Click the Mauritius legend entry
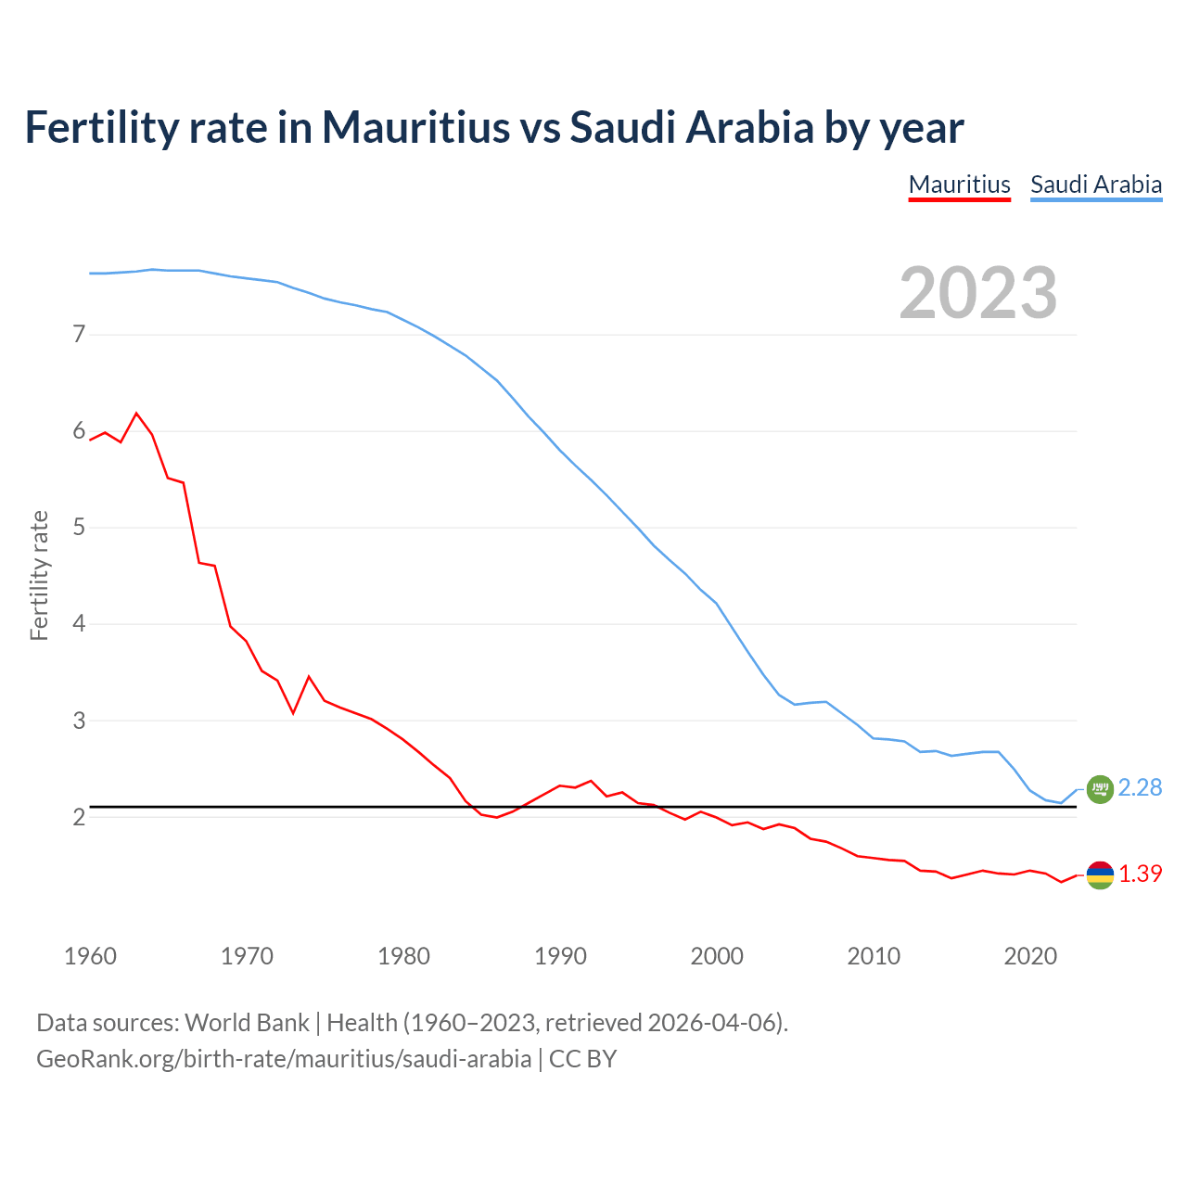click(959, 185)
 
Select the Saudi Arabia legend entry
click(1096, 185)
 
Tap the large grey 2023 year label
click(978, 293)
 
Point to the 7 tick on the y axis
click(79, 334)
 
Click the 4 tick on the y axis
click(79, 623)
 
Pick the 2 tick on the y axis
click(79, 817)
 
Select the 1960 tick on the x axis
click(90, 956)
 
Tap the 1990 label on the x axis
click(560, 956)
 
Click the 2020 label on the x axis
click(1030, 956)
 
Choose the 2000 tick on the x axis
click(717, 956)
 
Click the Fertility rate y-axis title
click(39, 575)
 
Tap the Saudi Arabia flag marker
click(1100, 788)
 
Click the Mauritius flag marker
click(1100, 874)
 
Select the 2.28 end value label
click(1140, 788)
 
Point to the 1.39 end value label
click(1140, 874)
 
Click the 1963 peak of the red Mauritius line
click(136, 413)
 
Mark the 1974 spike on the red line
click(309, 677)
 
